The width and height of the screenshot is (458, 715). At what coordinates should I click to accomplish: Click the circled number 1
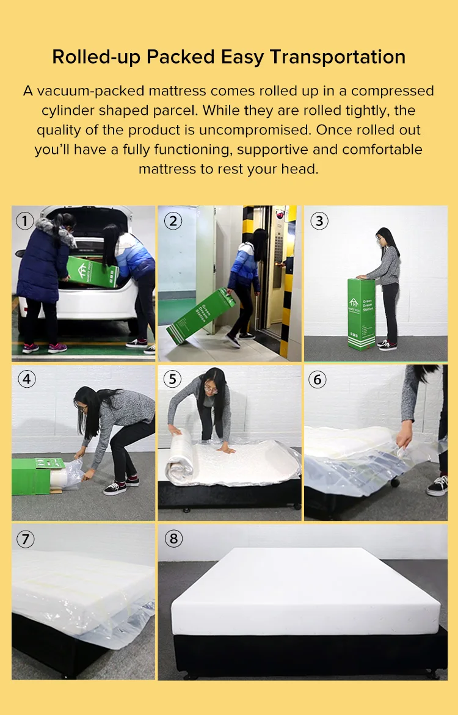[24, 221]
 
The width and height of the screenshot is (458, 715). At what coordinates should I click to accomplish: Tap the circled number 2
[173, 221]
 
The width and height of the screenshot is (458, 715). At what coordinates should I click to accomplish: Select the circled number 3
[319, 221]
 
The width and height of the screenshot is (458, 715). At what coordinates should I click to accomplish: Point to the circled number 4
[26, 379]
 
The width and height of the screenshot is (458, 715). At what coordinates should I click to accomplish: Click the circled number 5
[172, 379]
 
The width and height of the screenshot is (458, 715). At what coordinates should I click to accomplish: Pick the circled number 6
[317, 379]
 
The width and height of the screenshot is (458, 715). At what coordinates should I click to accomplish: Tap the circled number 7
[25, 539]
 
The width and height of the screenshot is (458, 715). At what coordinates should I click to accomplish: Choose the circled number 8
[173, 539]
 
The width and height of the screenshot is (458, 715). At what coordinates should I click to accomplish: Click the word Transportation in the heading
[338, 57]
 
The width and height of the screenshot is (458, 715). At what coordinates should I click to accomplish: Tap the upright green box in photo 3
[362, 314]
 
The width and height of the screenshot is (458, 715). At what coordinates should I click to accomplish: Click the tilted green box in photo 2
[200, 316]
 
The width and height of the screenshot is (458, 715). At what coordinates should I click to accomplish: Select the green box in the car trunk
[93, 272]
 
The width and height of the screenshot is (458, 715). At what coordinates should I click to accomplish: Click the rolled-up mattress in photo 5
[180, 457]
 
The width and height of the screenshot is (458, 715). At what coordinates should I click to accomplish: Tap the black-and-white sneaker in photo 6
[437, 485]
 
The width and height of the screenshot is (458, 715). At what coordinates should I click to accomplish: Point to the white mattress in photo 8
[305, 590]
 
